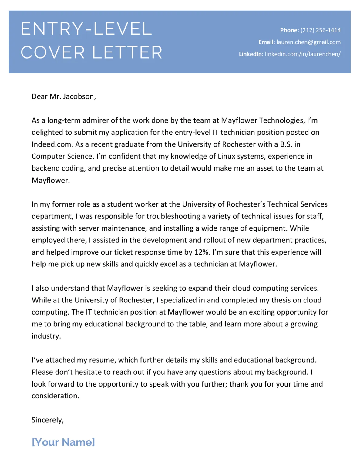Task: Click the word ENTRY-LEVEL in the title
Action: [86, 29]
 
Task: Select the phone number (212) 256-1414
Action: [320, 30]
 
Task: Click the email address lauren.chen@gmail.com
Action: [308, 42]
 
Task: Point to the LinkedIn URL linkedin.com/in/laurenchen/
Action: [302, 54]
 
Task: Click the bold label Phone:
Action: [289, 30]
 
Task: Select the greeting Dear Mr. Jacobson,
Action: [64, 96]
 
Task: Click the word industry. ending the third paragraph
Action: [46, 336]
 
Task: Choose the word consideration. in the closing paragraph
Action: [55, 396]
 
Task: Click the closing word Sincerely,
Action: [48, 420]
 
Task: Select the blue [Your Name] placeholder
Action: [63, 442]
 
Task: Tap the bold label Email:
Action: [267, 42]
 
